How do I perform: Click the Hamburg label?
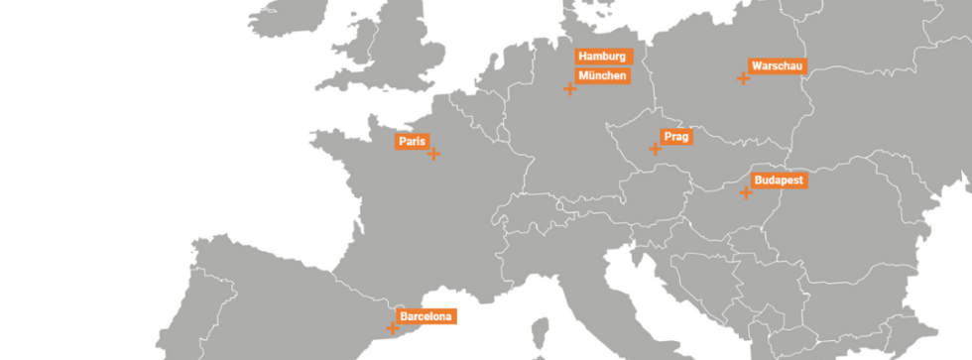coord(603,57)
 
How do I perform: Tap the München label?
coord(603,75)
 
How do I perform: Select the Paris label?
coord(412,142)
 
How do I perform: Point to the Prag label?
coord(676,137)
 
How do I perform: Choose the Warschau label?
coord(778,66)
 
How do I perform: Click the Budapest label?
coord(779,180)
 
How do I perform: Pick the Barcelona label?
coord(426,316)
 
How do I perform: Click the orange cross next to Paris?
coord(433,154)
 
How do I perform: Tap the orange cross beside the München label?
coord(570,89)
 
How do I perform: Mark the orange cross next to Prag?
coord(655,149)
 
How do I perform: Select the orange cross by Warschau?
coord(742,77)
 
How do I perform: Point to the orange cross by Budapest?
coord(746,192)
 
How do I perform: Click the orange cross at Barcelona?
coord(393,326)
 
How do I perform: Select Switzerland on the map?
coord(536,218)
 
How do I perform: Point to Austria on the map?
coord(645,193)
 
